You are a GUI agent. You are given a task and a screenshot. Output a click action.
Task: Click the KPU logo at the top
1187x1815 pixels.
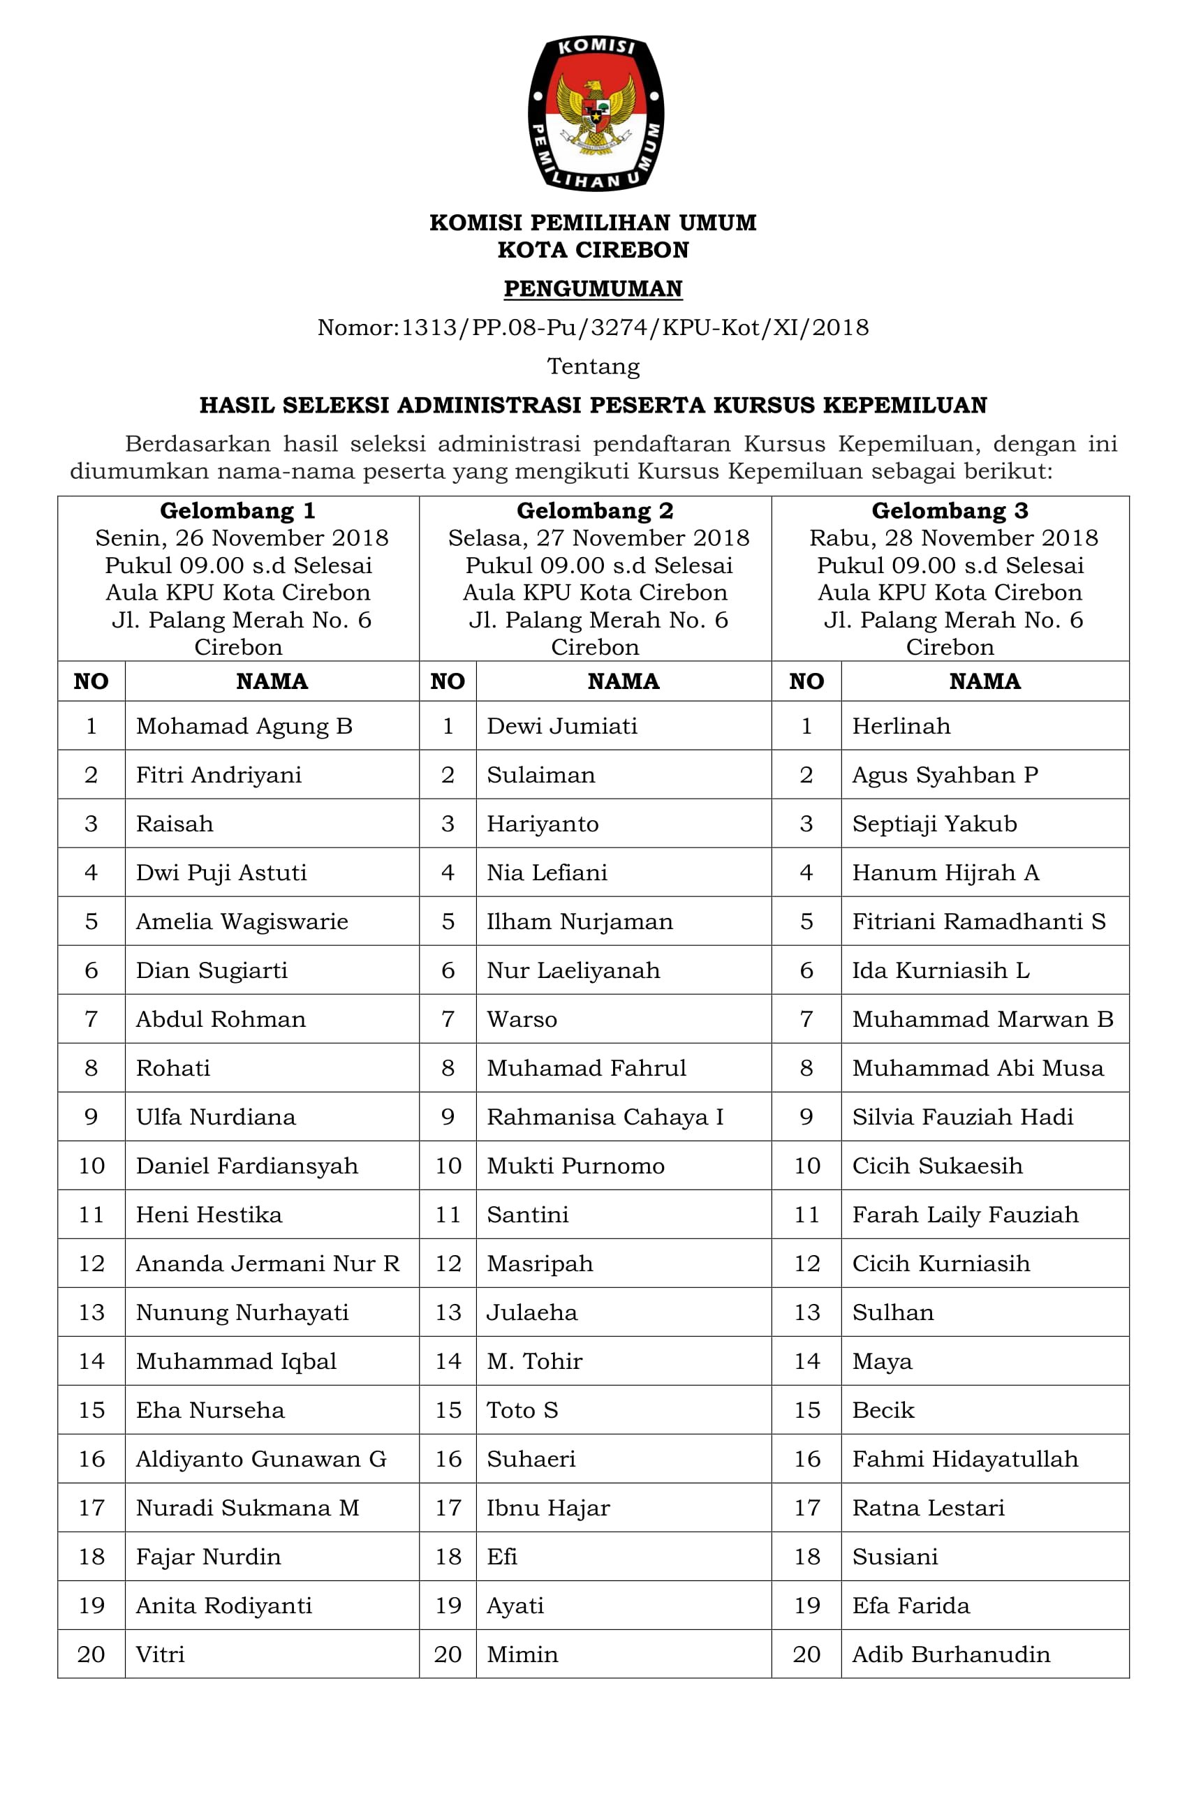pos(595,112)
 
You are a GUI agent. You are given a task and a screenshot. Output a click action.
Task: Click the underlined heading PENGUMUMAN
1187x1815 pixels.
pos(593,288)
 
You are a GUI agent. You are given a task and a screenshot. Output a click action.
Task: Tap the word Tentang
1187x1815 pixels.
pos(593,366)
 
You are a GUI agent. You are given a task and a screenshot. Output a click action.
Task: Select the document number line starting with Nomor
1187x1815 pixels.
pos(593,327)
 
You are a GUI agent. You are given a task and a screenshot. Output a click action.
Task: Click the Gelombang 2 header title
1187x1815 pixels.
pos(595,510)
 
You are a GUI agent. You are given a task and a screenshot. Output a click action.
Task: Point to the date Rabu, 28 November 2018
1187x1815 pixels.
pos(954,538)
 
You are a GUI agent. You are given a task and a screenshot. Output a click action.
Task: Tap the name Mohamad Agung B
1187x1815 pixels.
pos(244,725)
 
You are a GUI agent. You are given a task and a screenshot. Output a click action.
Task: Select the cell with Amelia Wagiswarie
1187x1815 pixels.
pos(242,921)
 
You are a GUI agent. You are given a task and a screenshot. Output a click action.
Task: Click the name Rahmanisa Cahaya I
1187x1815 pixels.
pos(605,1116)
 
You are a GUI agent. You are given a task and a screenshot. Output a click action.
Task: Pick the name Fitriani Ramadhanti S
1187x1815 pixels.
pos(979,921)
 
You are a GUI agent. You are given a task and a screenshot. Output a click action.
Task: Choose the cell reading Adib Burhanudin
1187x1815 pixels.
pos(950,1654)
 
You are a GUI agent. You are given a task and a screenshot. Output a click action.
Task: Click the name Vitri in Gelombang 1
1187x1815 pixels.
pos(160,1654)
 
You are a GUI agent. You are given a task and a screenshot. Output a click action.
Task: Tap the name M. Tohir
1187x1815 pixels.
pos(535,1361)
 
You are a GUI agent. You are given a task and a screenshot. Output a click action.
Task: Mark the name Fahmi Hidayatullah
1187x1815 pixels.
pos(965,1458)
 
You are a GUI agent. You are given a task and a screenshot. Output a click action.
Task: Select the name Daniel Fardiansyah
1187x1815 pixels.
pos(246,1165)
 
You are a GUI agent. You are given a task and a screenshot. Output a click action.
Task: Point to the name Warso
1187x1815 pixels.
pos(522,1018)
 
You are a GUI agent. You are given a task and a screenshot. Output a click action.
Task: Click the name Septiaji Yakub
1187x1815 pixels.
pos(934,824)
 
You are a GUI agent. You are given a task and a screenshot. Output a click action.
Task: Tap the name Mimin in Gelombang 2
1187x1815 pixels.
pos(522,1654)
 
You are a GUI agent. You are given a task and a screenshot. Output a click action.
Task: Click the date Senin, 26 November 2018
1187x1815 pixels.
pos(242,538)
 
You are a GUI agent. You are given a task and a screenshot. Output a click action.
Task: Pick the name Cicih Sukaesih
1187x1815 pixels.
pos(937,1165)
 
